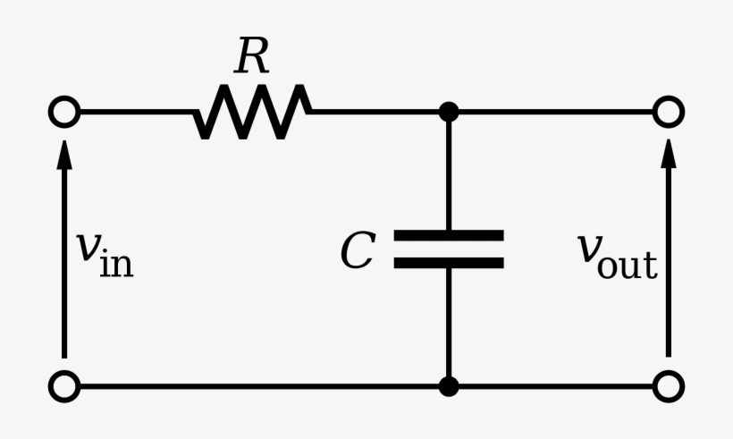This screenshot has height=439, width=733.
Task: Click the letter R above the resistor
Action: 251,57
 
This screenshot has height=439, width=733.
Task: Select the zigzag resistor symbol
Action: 252,113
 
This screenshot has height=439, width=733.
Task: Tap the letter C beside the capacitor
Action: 357,251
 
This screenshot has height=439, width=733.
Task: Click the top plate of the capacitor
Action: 449,236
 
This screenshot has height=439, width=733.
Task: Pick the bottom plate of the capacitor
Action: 449,263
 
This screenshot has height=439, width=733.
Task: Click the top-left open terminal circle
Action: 64,113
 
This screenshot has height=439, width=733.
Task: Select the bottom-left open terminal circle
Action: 64,387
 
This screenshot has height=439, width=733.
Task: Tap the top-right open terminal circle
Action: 668,113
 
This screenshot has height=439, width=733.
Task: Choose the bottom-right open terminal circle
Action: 668,387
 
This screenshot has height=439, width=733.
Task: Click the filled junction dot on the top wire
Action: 449,113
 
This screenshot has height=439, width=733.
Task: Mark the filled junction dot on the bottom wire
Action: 449,387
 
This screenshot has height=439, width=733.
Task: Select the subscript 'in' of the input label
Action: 116,264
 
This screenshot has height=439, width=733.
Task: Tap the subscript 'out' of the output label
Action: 628,264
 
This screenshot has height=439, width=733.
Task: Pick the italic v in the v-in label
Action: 87,250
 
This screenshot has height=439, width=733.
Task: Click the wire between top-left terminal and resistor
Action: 134,113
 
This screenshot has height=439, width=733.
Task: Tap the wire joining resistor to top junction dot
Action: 375,113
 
